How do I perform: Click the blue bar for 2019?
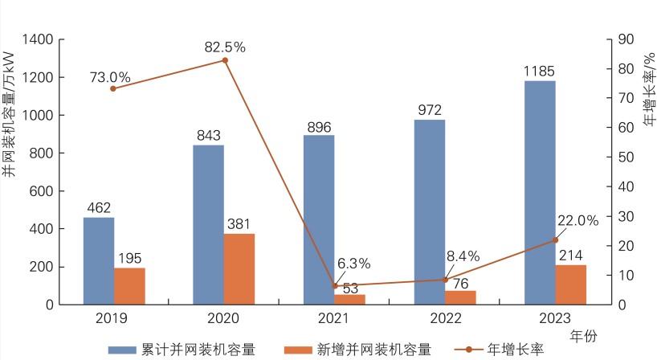coord(99,261)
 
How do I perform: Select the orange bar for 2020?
coord(239,269)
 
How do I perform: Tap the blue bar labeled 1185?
coord(540,193)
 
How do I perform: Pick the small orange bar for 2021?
coord(349,300)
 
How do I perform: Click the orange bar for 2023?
coord(570,284)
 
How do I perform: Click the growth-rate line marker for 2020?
coord(225,60)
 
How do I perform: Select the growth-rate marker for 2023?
coord(555,240)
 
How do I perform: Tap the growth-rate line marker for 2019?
coord(113,88)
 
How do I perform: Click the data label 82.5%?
coord(225,47)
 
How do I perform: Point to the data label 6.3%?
coord(353,264)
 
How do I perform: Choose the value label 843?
coord(209,135)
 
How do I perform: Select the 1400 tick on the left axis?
coord(39,39)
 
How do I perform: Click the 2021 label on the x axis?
coord(334,318)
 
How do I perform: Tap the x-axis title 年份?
coord(582,333)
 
